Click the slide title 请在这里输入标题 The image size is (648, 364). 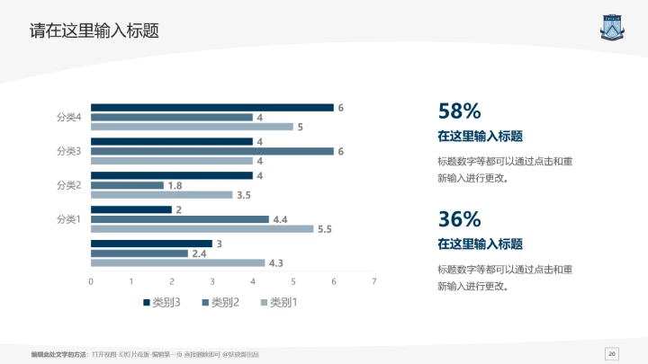pos(94,31)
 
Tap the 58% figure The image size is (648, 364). pos(459,111)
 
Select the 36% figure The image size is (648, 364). pos(459,218)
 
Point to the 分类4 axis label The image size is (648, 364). pos(69,118)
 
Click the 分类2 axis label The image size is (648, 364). pos(69,185)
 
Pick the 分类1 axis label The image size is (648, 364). pos(69,219)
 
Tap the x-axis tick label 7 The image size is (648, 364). pos(373,282)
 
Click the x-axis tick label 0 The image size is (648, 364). pos(91,282)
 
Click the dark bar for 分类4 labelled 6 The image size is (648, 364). pos(211,108)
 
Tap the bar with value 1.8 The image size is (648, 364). pos(127,185)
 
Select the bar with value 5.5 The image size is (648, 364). pos(202,229)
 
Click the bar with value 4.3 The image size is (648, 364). pos(177,262)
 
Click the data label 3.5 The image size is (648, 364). pos(243,195)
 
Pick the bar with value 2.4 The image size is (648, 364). pos(139,253)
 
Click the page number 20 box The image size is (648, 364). pos(612,352)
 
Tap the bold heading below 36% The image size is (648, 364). pos(480,244)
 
